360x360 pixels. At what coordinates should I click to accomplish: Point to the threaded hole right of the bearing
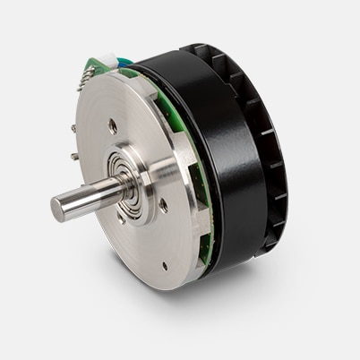click(163, 205)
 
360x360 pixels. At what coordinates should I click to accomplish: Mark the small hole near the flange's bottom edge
click(164, 265)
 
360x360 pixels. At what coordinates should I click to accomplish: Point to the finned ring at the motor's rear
click(269, 152)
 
